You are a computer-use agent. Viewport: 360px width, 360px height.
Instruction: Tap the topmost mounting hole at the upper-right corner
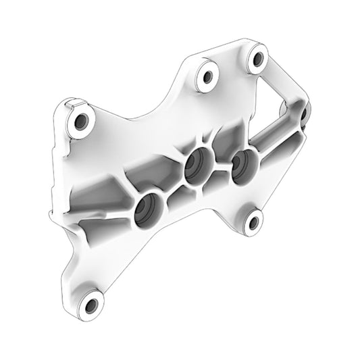pos(257,59)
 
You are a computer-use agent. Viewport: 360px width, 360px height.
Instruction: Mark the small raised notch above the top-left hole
pos(76,104)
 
